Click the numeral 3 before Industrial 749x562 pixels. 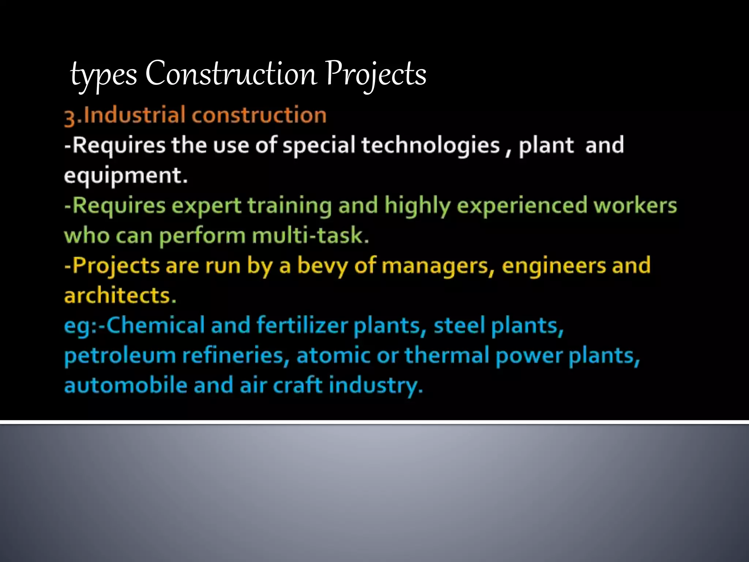point(69,117)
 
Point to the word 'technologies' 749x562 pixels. point(430,145)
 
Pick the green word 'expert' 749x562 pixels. point(206,206)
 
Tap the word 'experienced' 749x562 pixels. point(522,206)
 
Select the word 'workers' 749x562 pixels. point(635,206)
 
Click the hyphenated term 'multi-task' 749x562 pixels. point(310,236)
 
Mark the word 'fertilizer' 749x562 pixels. point(302,325)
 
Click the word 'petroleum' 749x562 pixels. point(120,356)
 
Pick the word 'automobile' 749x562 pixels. point(125,386)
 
